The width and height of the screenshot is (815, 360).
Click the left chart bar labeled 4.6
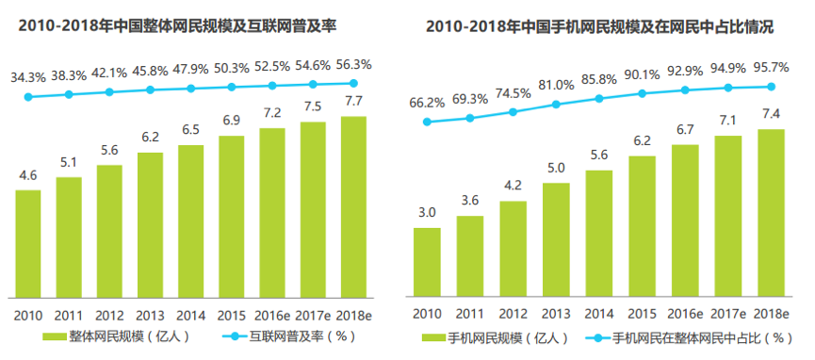pos(28,243)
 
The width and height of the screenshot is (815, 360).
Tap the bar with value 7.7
pos(353,205)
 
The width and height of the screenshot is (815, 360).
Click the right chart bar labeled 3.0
pos(427,262)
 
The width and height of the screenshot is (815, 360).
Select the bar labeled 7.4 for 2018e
pos(771,213)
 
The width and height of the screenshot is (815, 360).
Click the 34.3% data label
pos(28,76)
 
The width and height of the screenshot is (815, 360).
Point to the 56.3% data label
pos(353,64)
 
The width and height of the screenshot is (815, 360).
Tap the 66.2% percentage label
pos(427,102)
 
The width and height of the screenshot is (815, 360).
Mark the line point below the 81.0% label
pos(556,104)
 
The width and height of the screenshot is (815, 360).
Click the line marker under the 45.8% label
pos(150,90)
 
